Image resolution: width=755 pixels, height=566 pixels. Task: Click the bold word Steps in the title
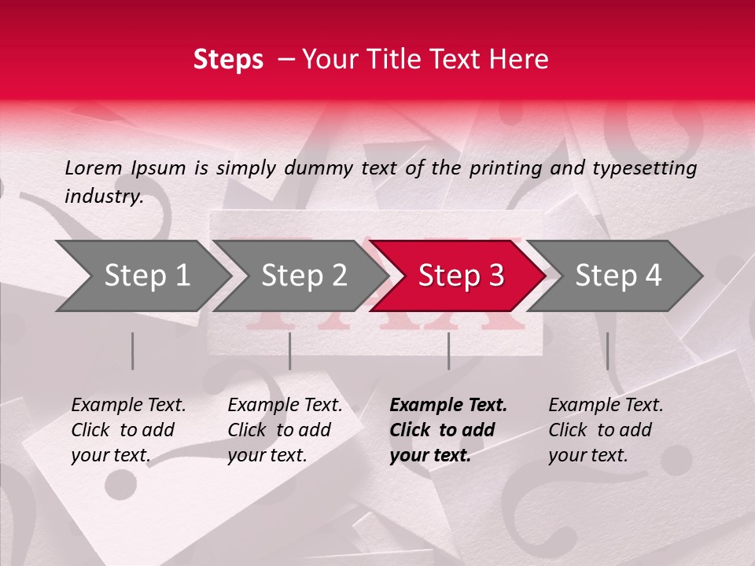(228, 60)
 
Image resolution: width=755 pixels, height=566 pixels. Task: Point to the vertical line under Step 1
(132, 351)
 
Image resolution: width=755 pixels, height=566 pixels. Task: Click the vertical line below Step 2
(289, 351)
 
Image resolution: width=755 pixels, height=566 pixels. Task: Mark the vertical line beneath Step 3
(448, 351)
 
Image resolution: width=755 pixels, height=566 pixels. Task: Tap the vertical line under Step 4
(607, 351)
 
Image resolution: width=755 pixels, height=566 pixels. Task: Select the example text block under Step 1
(128, 430)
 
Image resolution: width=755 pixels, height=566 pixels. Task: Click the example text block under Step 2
(285, 430)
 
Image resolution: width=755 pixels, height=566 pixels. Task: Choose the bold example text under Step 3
(448, 430)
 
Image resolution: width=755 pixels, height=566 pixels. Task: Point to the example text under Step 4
(606, 430)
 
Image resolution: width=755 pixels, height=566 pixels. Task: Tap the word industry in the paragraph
(104, 196)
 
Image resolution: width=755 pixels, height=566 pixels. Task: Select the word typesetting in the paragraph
(644, 167)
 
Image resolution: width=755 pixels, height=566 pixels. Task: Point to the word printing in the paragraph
(514, 167)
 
